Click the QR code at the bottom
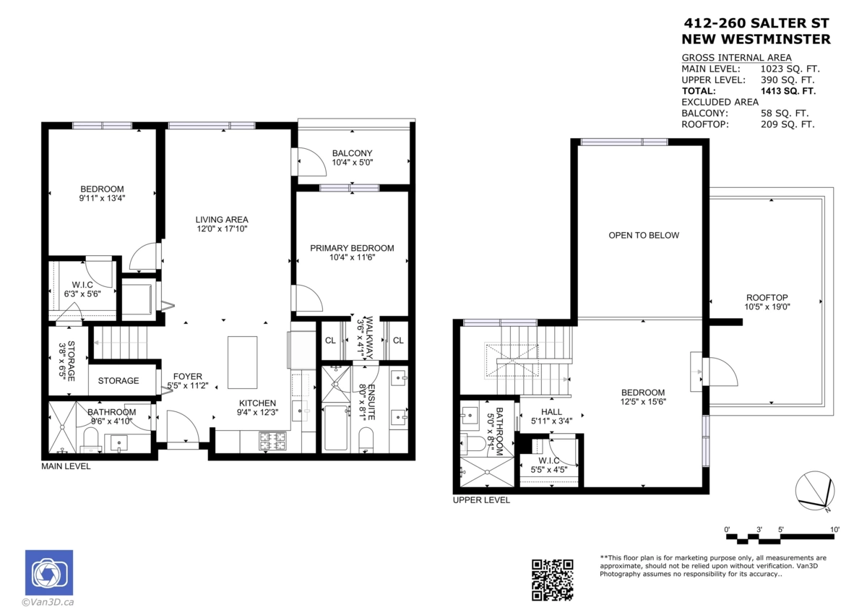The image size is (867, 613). coord(553,580)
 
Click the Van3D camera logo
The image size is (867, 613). coord(49,573)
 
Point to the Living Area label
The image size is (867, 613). coord(222,224)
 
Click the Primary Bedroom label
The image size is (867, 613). coord(352,252)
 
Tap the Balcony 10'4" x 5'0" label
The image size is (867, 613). coord(352,158)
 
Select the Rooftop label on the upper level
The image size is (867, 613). coord(767,302)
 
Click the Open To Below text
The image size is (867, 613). coord(643,235)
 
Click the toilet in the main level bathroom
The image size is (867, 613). coord(91,437)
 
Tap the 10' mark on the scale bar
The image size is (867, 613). coord(834,530)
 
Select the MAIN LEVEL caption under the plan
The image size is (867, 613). coord(66,466)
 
